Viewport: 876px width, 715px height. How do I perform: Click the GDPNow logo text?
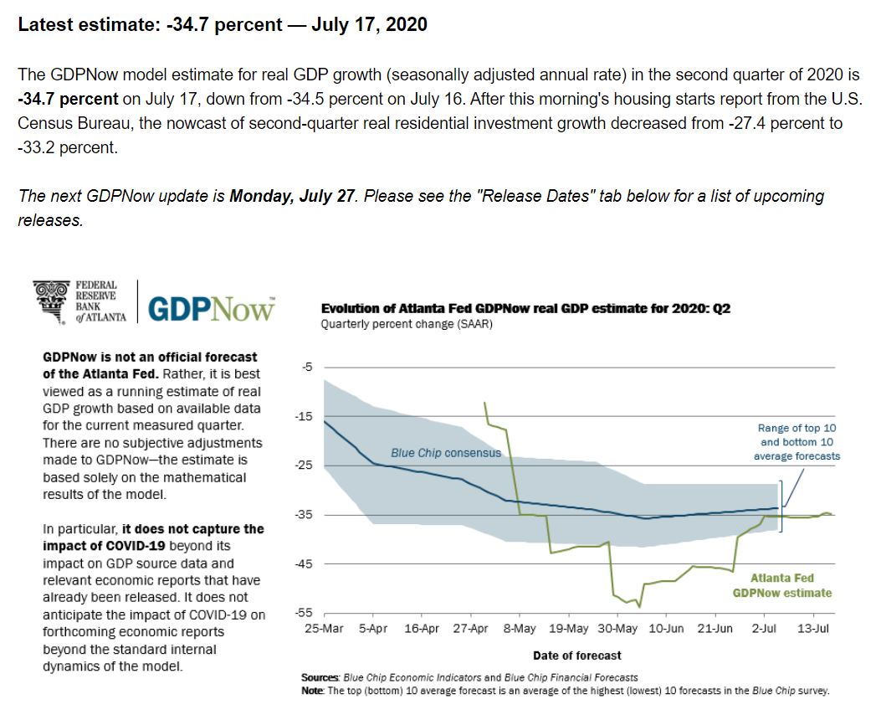point(211,308)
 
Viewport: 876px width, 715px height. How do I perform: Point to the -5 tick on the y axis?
point(307,367)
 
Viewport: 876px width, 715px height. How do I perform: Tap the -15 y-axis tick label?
point(305,416)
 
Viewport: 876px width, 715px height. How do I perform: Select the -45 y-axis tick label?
point(305,563)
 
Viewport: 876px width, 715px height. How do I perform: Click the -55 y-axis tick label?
point(305,613)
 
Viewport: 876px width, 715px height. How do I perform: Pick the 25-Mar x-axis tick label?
point(325,629)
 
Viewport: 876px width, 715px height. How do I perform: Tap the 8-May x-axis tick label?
point(520,629)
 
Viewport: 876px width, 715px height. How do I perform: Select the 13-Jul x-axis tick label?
point(812,629)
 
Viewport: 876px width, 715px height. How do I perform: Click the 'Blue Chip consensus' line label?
point(446,453)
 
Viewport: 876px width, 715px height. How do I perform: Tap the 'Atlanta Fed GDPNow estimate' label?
point(782,585)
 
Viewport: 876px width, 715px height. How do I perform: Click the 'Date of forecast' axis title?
point(576,656)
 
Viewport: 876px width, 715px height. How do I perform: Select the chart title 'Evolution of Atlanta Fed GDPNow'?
point(525,309)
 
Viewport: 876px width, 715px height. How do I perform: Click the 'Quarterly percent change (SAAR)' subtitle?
point(407,325)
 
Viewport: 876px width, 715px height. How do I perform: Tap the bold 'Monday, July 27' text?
point(289,197)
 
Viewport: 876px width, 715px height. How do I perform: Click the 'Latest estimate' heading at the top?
point(223,24)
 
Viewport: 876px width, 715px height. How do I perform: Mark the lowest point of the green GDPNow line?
point(639,607)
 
